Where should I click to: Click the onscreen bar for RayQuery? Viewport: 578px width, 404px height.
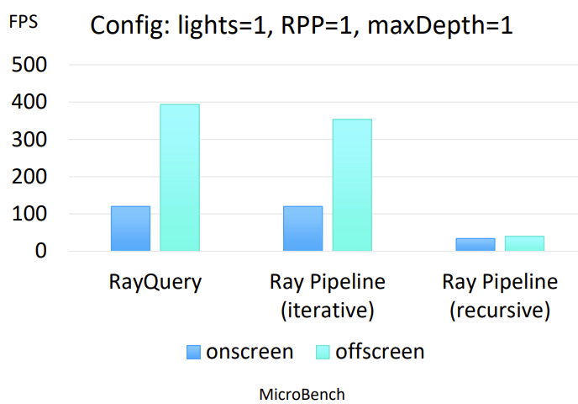coord(130,228)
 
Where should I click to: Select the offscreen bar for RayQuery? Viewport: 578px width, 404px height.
coord(180,178)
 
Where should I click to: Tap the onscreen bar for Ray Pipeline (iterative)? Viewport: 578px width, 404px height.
coord(302,228)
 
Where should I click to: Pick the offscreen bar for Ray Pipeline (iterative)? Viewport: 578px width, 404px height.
coord(352,185)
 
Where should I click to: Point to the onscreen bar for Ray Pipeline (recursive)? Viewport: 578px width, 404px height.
coord(476,244)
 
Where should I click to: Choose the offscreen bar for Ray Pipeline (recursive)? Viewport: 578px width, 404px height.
coord(524,243)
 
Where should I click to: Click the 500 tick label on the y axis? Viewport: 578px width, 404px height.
coord(29,65)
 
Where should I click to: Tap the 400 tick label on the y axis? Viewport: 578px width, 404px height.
coord(29,103)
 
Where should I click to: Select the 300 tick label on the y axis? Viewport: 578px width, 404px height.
coord(29,140)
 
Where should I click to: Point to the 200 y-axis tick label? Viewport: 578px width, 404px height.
coord(29,177)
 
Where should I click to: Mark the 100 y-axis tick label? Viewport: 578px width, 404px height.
coord(29,215)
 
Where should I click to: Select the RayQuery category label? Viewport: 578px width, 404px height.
coord(155,282)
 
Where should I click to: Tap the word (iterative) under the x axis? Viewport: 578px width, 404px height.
coord(328,311)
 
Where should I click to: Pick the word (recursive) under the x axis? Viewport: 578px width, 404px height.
coord(500,311)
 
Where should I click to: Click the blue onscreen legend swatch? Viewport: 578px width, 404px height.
coord(194,352)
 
